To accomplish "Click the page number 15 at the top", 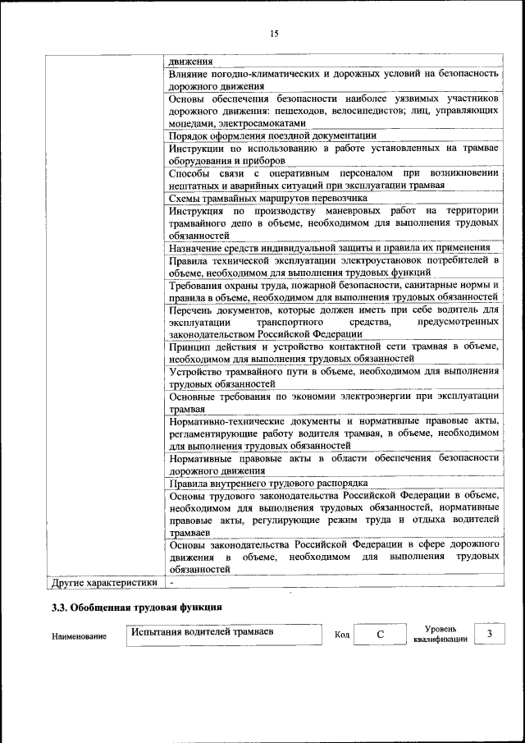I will point(274,33).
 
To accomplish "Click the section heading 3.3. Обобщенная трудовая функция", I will point(136,608).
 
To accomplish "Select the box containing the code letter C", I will point(381,635).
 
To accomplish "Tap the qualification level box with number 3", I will point(490,634).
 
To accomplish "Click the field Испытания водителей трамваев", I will point(223,633).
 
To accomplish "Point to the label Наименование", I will point(79,636).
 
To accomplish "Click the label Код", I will point(342,635).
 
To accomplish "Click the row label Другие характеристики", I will point(103,582).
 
